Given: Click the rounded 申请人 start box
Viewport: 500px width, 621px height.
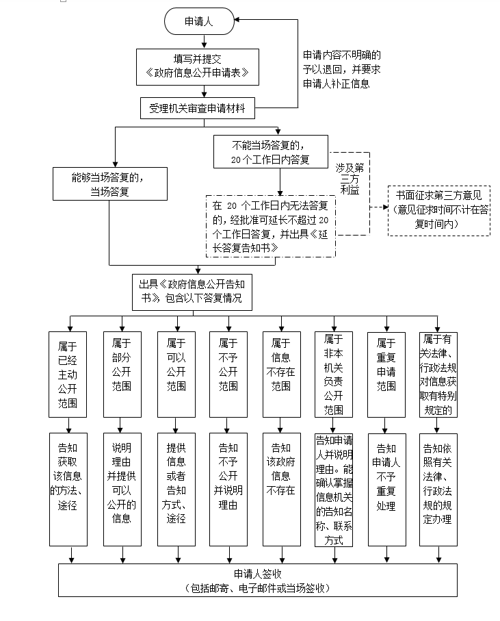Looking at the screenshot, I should [x=198, y=22].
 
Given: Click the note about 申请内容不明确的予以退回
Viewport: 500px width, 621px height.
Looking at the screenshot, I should [x=342, y=69].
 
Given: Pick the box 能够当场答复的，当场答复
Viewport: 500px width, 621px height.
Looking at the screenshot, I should [x=110, y=184].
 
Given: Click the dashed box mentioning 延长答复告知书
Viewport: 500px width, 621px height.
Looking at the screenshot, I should [x=271, y=225].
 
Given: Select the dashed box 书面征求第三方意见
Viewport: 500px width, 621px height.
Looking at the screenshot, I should [x=438, y=210].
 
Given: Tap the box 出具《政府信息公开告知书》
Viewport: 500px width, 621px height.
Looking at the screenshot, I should [x=192, y=291].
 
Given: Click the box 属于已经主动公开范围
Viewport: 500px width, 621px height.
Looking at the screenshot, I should [x=68, y=374].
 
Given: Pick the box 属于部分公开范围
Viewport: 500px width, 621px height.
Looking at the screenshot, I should [x=122, y=374].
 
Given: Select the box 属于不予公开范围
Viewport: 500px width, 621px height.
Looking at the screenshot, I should [x=228, y=374].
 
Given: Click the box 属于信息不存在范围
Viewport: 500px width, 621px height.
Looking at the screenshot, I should [x=281, y=374].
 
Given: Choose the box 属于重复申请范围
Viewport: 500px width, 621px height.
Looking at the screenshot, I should [x=386, y=374].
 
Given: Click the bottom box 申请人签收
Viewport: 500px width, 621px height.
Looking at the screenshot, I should [x=258, y=580].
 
